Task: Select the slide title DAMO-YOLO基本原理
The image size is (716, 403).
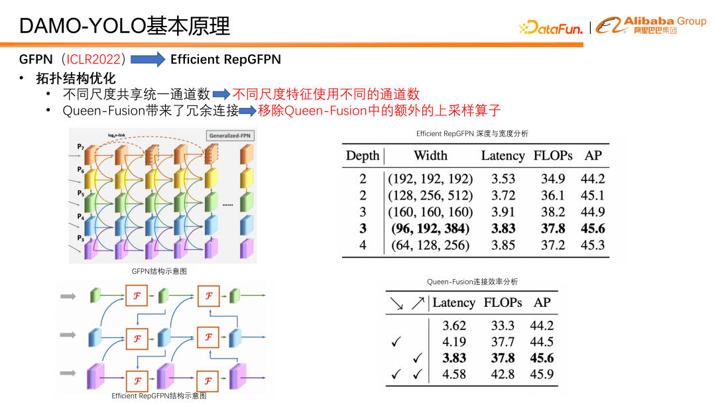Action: click(125, 26)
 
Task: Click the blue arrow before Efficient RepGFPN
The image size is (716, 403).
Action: click(147, 60)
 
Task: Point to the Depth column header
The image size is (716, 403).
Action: click(362, 156)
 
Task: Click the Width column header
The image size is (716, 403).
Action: click(430, 156)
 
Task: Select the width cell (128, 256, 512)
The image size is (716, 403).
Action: click(430, 196)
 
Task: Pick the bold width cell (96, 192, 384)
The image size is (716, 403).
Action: click(430, 229)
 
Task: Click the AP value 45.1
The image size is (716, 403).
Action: click(593, 196)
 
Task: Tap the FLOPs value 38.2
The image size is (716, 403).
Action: click(552, 212)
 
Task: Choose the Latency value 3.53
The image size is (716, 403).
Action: click(502, 179)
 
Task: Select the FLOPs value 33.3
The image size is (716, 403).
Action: click(503, 326)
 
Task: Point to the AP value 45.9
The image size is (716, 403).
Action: click(542, 374)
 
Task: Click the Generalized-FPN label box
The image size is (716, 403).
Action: click(230, 136)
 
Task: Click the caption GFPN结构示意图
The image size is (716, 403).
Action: click(159, 271)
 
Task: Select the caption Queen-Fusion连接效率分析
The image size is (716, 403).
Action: click(472, 282)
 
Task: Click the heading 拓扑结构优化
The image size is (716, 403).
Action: click(76, 78)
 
